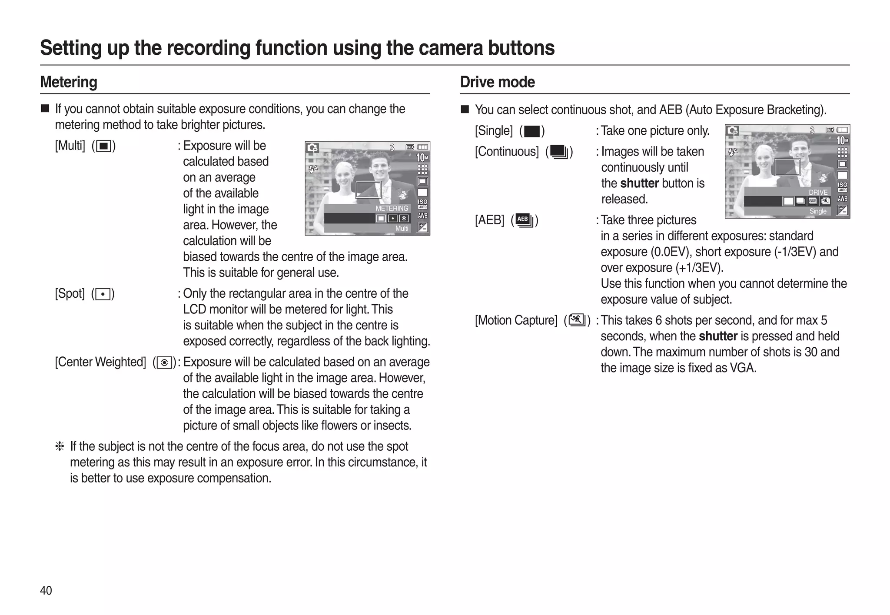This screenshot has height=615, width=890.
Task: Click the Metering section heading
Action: pyautogui.click(x=69, y=82)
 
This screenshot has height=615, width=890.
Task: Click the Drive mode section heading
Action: pyautogui.click(x=497, y=82)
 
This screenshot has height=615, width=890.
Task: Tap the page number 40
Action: pyautogui.click(x=46, y=590)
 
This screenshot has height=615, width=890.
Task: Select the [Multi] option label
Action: pyautogui.click(x=70, y=146)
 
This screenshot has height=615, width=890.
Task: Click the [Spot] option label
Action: pyautogui.click(x=70, y=294)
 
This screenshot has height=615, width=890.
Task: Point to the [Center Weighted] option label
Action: pyautogui.click(x=100, y=362)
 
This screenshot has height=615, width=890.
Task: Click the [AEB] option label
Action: pyautogui.click(x=489, y=220)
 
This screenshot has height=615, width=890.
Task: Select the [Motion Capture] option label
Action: pyautogui.click(x=516, y=320)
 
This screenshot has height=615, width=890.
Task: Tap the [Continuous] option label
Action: pyautogui.click(x=507, y=152)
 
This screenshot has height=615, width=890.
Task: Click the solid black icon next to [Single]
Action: pyautogui.click(x=532, y=131)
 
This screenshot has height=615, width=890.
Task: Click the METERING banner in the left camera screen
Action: pyautogui.click(x=392, y=209)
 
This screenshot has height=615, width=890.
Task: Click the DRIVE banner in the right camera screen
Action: pyautogui.click(x=818, y=192)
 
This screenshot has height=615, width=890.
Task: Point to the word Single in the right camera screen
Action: pyautogui.click(x=818, y=211)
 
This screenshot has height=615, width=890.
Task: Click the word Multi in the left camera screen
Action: pyautogui.click(x=402, y=229)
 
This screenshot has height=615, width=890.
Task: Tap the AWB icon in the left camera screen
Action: pyautogui.click(x=422, y=216)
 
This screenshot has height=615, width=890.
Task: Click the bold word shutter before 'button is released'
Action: pyautogui.click(x=639, y=183)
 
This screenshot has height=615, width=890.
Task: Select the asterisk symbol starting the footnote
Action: pyautogui.click(x=60, y=446)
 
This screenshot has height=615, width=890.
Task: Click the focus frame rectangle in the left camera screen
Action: pyautogui.click(x=368, y=190)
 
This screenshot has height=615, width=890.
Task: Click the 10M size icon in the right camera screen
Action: pyautogui.click(x=842, y=140)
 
